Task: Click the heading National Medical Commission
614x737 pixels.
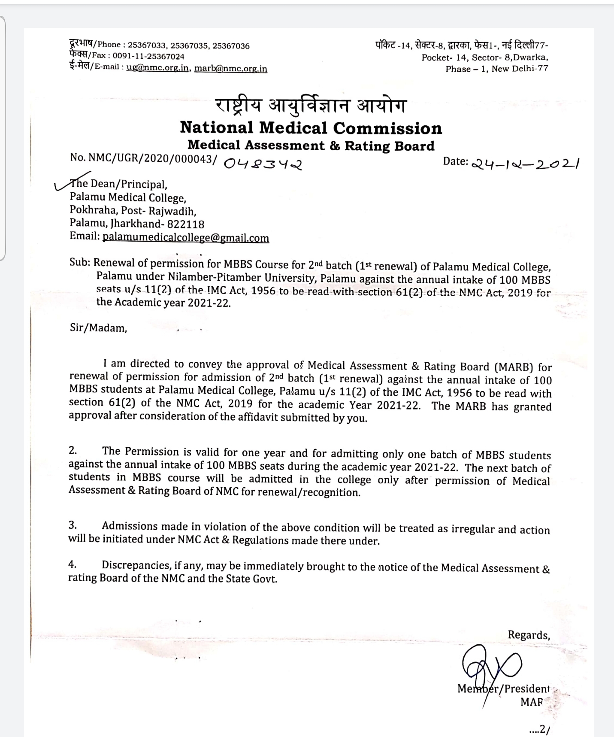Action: click(311, 127)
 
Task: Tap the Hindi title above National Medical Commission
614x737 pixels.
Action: click(310, 106)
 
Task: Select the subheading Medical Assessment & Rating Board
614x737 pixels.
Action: click(311, 146)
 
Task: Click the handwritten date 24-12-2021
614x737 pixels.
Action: click(526, 164)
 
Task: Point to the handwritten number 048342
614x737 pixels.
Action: click(263, 163)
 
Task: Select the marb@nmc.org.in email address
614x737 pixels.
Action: click(231, 68)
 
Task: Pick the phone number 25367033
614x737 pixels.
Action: click(147, 45)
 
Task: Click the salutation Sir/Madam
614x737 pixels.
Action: click(98, 328)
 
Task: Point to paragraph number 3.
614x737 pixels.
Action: click(73, 525)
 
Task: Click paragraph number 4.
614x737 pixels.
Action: click(73, 564)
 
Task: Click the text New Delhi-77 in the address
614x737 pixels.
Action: click(520, 69)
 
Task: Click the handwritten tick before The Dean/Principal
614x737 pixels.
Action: click(64, 184)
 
